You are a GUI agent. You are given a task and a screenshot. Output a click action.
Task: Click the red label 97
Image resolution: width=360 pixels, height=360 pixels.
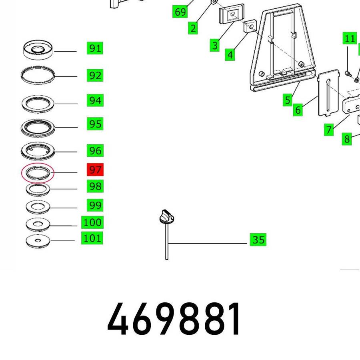pyautogui.click(x=95, y=170)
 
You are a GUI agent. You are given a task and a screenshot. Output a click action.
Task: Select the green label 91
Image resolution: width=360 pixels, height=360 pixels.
pyautogui.click(x=95, y=48)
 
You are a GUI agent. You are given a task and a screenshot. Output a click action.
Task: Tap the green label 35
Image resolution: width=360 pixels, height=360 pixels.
pyautogui.click(x=258, y=240)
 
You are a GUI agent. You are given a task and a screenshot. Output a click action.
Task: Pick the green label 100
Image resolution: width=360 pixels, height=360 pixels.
pyautogui.click(x=92, y=222)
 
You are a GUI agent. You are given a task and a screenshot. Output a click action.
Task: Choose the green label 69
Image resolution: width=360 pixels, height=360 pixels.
pyautogui.click(x=180, y=12)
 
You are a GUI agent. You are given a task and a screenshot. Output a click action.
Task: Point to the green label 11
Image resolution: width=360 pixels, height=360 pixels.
pyautogui.click(x=350, y=38)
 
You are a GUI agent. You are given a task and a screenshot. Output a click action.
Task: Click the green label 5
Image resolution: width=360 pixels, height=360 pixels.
pyautogui.click(x=288, y=100)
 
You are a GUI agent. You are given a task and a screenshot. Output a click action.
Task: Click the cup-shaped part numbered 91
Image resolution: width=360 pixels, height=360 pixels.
pyautogui.click(x=38, y=50)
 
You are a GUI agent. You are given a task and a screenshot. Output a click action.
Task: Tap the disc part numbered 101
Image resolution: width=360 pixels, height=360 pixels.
pyautogui.click(x=38, y=241)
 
